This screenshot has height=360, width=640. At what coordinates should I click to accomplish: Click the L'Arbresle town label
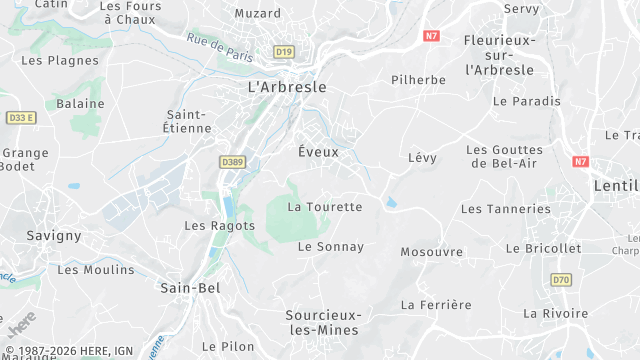(x=286, y=87)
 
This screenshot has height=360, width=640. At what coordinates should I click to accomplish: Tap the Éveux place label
(x=319, y=152)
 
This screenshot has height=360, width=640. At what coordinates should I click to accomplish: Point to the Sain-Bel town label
(x=190, y=288)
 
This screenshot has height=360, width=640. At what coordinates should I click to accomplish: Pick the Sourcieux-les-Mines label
(x=323, y=322)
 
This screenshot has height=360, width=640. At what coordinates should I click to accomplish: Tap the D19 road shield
(x=284, y=52)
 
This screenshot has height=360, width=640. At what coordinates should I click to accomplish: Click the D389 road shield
(x=232, y=161)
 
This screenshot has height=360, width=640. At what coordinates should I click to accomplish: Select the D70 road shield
(x=561, y=280)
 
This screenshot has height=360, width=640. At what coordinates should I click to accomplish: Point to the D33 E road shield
(x=21, y=117)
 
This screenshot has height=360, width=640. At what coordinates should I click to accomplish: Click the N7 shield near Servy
(x=431, y=35)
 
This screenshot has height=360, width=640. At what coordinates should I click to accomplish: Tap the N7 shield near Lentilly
(x=581, y=161)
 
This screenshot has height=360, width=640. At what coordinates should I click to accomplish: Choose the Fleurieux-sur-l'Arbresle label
(x=501, y=54)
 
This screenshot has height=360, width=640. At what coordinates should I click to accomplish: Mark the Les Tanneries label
(x=505, y=209)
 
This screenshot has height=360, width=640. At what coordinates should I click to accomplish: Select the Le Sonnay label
(x=331, y=246)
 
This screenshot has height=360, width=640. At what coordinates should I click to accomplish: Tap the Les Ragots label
(x=220, y=226)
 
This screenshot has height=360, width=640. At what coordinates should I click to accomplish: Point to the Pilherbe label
(x=418, y=79)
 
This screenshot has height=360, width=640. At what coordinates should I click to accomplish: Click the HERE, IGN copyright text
(x=69, y=351)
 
